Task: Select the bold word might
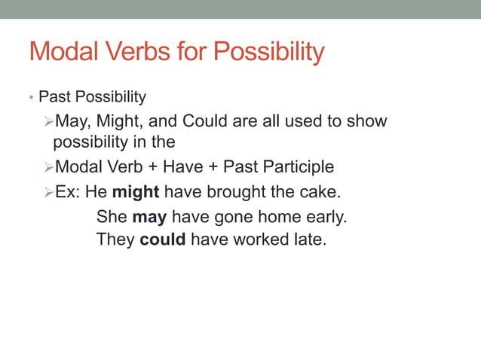(x=136, y=191)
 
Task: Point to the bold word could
(x=162, y=241)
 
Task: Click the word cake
(x=323, y=191)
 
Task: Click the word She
(x=112, y=218)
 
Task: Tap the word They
(x=115, y=241)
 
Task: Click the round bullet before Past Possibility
(x=31, y=98)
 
